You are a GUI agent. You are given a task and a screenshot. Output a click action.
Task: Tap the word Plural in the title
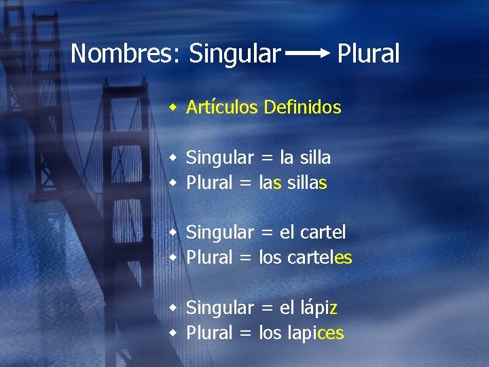click(368, 53)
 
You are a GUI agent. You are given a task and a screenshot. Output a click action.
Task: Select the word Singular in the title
click(234, 53)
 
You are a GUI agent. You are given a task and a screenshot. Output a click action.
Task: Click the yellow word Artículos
click(222, 107)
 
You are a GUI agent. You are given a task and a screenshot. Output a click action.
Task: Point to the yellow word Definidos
click(302, 107)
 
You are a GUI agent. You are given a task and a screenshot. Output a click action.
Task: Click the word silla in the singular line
click(314, 158)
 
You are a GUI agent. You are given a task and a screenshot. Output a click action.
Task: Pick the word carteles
click(320, 258)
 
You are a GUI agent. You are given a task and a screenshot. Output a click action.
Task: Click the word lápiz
click(318, 308)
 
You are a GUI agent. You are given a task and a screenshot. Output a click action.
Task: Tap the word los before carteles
click(271, 258)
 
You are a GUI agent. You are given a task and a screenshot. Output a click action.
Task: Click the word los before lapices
click(271, 333)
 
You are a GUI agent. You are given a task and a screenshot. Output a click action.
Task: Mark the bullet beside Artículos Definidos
click(174, 107)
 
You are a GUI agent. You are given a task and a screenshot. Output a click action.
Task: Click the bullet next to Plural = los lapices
click(174, 333)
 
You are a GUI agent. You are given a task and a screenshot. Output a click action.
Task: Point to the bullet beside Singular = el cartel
click(174, 232)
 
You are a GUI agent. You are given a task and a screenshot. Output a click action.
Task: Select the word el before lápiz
click(287, 308)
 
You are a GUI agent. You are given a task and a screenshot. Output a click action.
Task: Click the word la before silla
click(287, 158)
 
